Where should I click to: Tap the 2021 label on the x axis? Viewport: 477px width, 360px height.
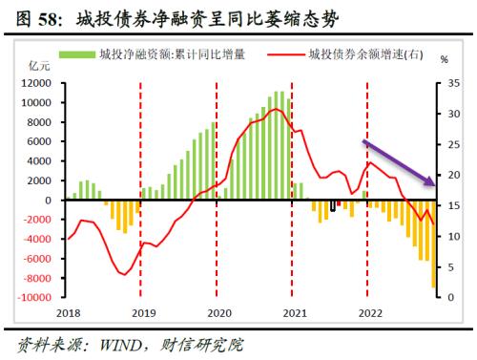coord(295,312)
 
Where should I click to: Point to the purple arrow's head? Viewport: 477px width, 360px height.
coord(433,183)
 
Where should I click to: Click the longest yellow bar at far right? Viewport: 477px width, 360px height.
coord(432,244)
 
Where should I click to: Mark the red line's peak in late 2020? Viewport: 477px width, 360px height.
coord(276,110)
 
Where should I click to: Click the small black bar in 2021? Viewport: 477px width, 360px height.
coord(333,205)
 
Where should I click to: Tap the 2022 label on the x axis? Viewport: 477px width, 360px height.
coord(369,312)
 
